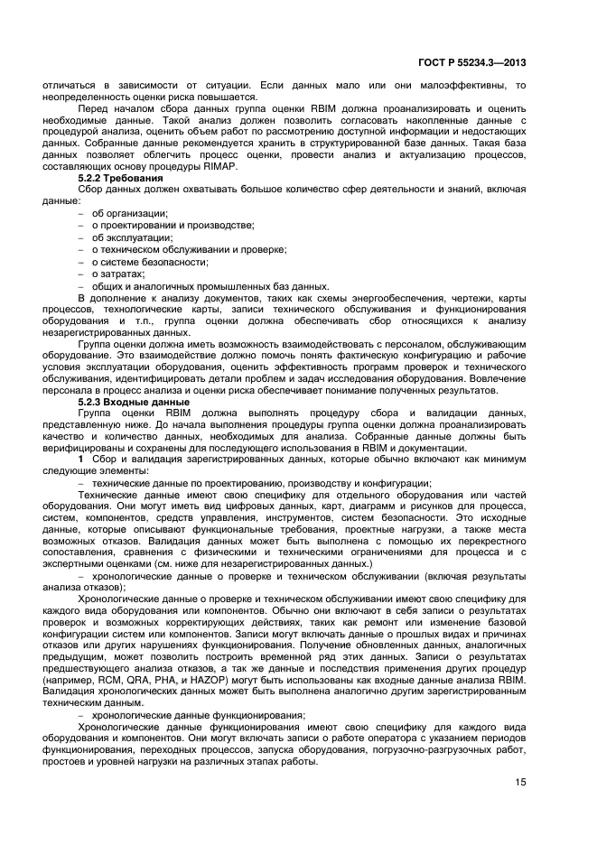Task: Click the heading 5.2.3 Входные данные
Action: click(134, 401)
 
